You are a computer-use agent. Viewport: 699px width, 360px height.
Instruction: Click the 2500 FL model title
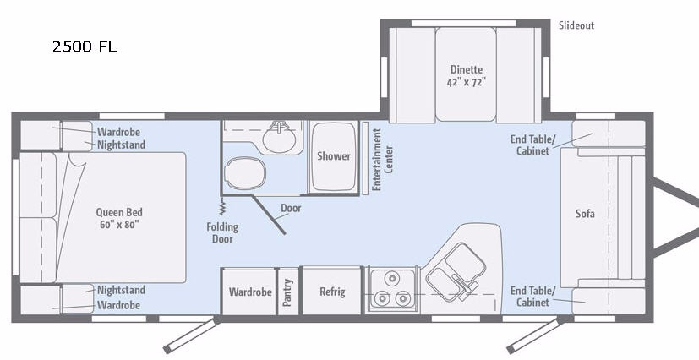(x=85, y=46)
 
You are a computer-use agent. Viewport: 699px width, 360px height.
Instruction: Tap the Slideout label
(x=576, y=25)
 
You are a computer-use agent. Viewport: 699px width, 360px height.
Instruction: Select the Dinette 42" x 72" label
(x=467, y=76)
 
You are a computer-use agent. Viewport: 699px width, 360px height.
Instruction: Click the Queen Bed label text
(x=119, y=218)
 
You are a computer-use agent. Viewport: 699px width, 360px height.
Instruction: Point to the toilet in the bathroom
(x=245, y=172)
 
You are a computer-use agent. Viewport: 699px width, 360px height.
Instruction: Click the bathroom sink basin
(x=279, y=138)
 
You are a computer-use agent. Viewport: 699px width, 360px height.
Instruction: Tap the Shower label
(x=334, y=156)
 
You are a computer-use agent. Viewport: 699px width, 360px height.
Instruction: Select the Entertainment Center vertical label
(x=382, y=160)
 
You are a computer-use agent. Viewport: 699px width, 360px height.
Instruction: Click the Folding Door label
(x=222, y=233)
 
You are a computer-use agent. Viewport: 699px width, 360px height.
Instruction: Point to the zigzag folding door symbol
(x=222, y=206)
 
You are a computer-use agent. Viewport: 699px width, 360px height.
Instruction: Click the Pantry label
(x=287, y=292)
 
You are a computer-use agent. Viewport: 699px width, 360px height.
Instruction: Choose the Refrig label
(x=332, y=292)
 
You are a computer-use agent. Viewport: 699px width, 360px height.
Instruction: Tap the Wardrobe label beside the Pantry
(x=250, y=292)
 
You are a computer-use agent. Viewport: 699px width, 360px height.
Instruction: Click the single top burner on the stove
(x=392, y=279)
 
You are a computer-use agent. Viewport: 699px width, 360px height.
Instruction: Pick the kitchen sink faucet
(x=464, y=283)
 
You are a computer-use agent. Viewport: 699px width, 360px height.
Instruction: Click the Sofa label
(x=585, y=214)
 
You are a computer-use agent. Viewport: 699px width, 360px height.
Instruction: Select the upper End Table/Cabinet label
(x=532, y=145)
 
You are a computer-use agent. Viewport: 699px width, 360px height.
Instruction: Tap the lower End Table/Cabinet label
(x=532, y=297)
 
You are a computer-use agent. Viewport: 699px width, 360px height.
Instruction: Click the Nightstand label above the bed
(x=121, y=145)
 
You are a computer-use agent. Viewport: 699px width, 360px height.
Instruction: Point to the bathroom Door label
(x=291, y=208)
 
